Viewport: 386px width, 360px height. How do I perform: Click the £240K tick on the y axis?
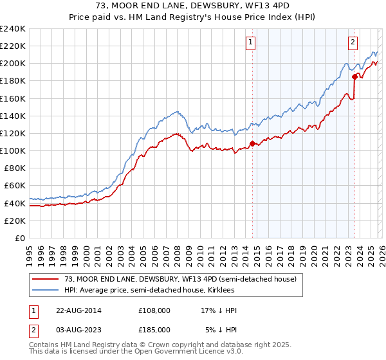tap(13, 29)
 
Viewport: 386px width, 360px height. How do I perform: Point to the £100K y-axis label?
tap(13, 150)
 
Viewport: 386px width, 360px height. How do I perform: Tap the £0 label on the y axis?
tap(20, 238)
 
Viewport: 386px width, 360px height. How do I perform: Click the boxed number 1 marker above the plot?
tap(250, 43)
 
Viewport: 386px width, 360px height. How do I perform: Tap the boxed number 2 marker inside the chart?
tap(353, 43)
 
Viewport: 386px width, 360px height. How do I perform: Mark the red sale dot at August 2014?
tap(252, 143)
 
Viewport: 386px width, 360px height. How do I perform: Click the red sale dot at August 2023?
tap(354, 76)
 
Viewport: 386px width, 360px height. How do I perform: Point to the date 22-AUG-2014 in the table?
tap(75, 310)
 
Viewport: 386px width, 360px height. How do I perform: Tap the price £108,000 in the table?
tap(154, 310)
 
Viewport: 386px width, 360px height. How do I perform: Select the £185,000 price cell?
tap(154, 331)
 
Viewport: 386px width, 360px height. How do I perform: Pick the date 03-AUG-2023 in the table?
tap(75, 331)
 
